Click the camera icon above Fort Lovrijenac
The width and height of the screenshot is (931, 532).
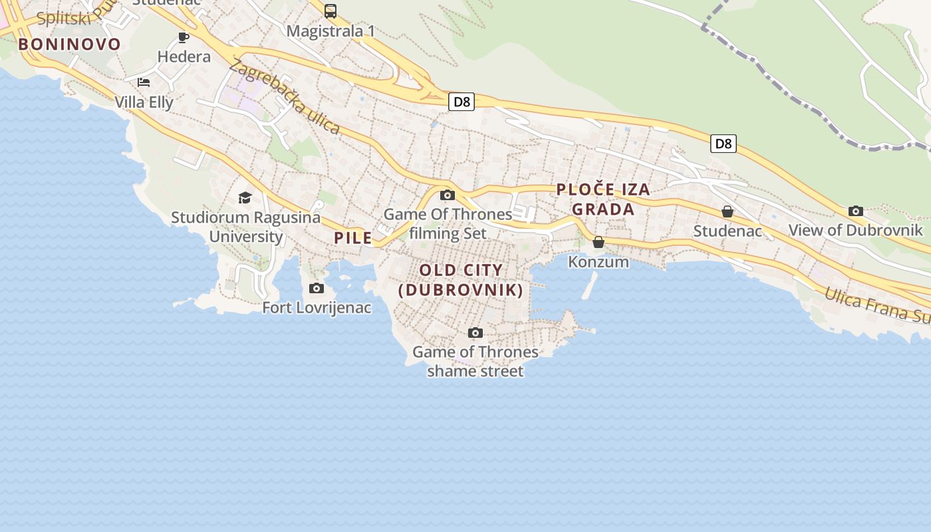[x=317, y=289]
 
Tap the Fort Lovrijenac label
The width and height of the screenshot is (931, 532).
[x=317, y=308]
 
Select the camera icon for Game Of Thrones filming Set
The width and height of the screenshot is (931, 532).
[x=448, y=195]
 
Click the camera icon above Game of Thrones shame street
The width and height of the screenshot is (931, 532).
[x=475, y=332]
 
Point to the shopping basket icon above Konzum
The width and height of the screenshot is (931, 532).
[x=598, y=242]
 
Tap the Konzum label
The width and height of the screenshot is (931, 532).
[x=598, y=261]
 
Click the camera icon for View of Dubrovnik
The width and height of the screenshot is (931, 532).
[x=856, y=211]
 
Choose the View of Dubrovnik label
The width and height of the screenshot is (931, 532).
[x=856, y=230]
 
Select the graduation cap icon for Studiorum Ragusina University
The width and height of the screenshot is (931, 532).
[x=245, y=198]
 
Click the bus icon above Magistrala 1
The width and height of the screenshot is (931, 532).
[x=331, y=11]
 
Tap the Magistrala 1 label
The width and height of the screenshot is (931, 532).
[x=331, y=31]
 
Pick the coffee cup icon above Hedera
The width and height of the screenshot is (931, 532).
[x=184, y=37]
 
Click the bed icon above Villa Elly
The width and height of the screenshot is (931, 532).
[x=144, y=82]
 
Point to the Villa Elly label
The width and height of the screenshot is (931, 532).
[x=144, y=102]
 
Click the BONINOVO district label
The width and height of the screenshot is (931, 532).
[x=70, y=45]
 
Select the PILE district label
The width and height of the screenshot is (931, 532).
[x=353, y=237]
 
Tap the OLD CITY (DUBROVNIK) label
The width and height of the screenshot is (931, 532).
[x=461, y=280]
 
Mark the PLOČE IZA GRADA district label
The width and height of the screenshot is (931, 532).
[x=603, y=199]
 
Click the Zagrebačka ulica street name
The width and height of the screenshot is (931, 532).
[x=285, y=97]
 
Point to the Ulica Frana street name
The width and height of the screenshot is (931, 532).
[x=876, y=305]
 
